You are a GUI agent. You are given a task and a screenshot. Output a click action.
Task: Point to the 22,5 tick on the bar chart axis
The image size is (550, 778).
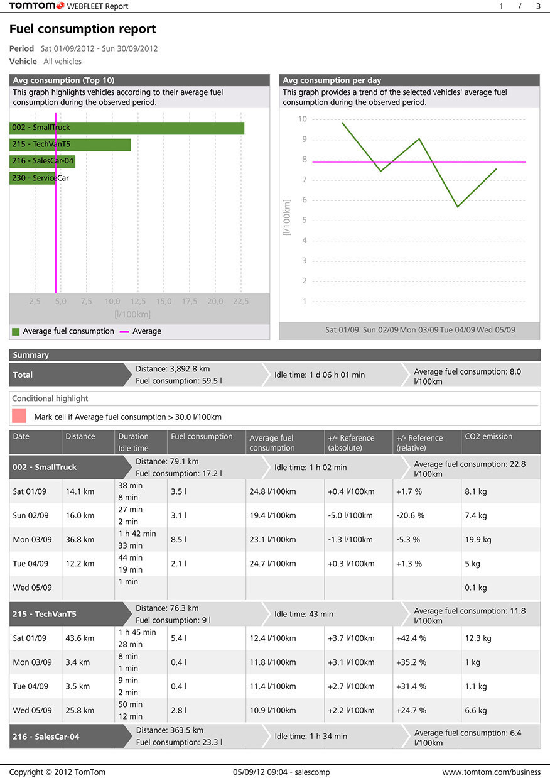coord(241,302)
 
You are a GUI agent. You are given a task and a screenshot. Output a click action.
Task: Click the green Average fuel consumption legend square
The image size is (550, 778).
coord(16,331)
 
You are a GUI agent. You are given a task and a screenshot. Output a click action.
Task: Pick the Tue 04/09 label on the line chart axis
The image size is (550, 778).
coord(456,330)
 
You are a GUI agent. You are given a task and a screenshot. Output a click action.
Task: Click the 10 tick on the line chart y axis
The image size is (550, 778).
coord(303,119)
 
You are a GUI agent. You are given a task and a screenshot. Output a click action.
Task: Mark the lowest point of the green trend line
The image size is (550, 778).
coord(458,206)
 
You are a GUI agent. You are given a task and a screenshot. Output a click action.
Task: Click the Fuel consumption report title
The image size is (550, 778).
coord(83,30)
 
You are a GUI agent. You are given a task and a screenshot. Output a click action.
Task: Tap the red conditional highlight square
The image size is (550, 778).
coord(19,416)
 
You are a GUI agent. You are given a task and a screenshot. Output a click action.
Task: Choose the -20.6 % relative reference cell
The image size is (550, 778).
coord(410,515)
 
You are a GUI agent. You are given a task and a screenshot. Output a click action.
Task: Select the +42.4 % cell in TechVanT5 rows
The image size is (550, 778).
coord(411,638)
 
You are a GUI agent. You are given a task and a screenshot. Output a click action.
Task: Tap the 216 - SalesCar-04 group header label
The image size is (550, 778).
coord(46,737)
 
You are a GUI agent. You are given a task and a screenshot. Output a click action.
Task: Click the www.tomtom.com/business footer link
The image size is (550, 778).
coord(491,772)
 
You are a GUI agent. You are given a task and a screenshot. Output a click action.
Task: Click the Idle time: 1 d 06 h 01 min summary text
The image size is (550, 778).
coord(319,375)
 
